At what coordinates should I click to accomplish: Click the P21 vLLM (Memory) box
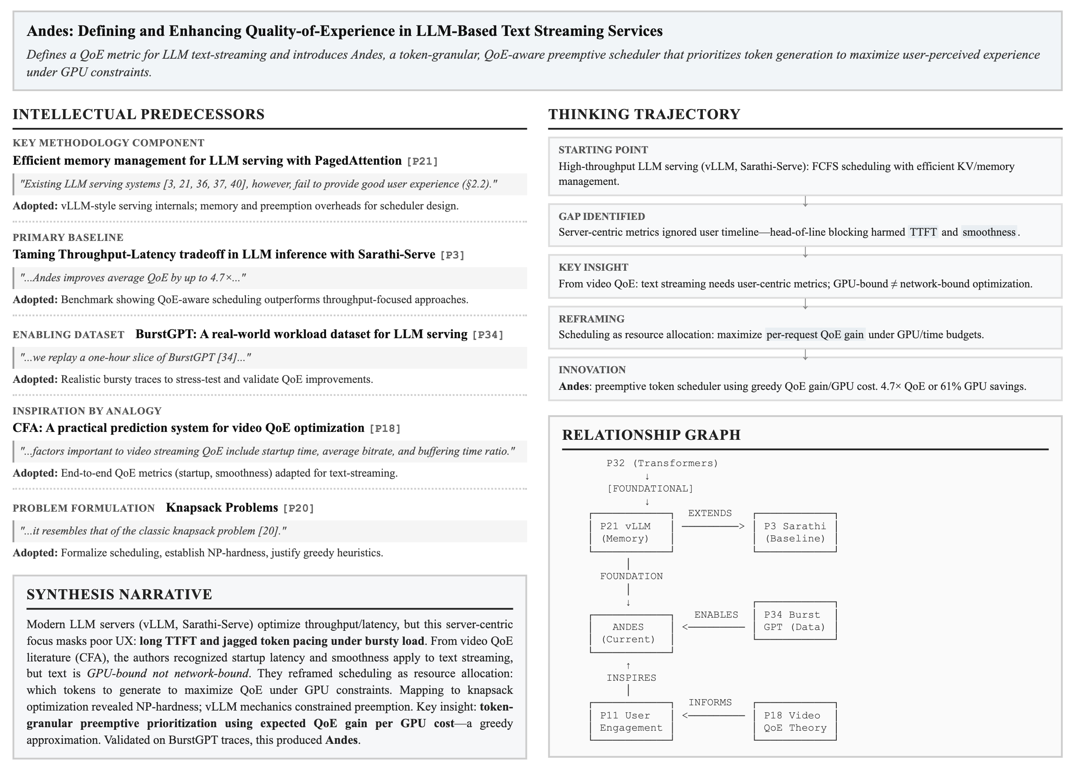631,532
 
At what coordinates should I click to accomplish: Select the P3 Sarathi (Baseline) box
795,532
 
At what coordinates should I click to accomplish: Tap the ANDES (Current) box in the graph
631,633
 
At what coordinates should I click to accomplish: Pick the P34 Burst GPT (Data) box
795,621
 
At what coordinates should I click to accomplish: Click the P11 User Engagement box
631,721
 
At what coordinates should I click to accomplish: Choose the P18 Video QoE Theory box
795,721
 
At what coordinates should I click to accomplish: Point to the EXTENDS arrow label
709,513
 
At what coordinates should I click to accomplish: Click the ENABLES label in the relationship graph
716,615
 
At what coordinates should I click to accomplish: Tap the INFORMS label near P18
710,702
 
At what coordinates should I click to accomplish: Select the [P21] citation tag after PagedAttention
422,162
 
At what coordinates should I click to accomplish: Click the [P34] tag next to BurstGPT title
487,335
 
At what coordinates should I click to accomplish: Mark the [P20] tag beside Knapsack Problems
298,509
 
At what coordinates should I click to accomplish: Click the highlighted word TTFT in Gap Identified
923,232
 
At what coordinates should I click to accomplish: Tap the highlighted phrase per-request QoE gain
814,335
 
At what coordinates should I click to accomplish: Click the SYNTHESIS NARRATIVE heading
119,594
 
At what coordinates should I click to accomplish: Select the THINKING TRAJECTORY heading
644,114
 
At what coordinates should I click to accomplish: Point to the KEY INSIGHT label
593,267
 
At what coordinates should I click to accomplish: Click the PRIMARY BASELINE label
68,237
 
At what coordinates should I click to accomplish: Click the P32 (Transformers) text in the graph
662,463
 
